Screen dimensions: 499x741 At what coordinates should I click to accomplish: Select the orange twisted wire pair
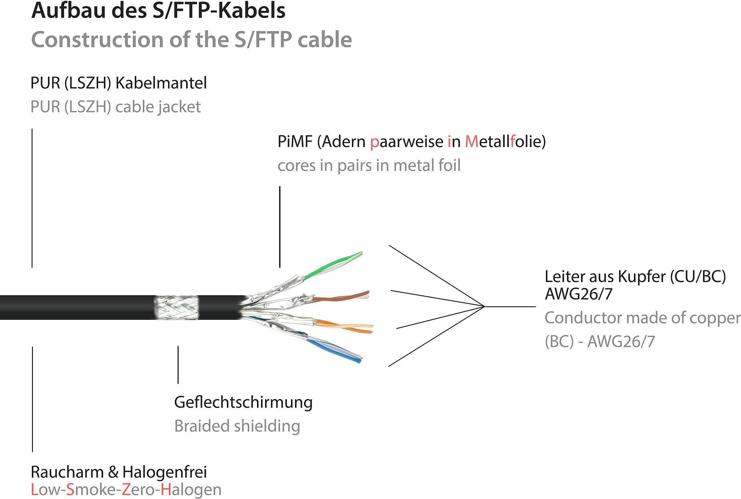(x=345, y=325)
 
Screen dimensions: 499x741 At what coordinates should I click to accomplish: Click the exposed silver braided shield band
(x=176, y=308)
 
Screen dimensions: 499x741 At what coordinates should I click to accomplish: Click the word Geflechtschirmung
(x=243, y=402)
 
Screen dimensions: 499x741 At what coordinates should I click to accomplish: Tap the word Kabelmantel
(x=161, y=83)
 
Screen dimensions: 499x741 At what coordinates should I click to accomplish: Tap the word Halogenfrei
(x=164, y=472)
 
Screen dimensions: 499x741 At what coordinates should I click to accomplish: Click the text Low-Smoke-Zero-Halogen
(x=126, y=489)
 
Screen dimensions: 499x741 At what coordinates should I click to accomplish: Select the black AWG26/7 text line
(x=578, y=294)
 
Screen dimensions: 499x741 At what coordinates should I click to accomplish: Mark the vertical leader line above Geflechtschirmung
(x=178, y=365)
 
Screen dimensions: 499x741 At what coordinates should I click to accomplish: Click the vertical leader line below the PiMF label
(x=280, y=226)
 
